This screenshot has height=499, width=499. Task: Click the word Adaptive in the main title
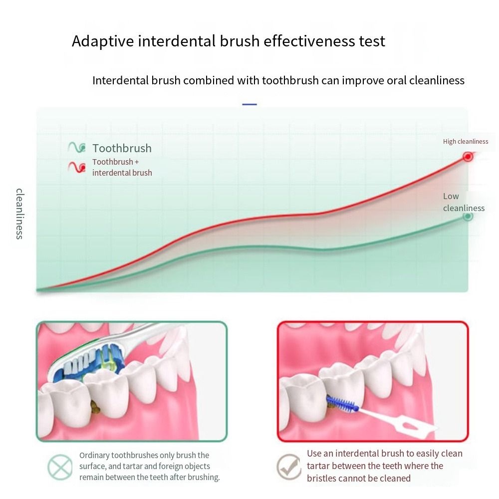click(x=103, y=41)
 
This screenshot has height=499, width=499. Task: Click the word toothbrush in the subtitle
click(x=290, y=80)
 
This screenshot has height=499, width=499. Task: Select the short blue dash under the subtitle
click(x=249, y=104)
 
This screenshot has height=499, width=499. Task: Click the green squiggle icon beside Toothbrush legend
click(x=77, y=147)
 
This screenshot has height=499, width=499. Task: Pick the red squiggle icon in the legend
click(x=77, y=167)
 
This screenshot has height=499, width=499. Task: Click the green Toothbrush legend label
click(x=122, y=148)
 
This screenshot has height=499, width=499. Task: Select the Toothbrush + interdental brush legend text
click(x=122, y=167)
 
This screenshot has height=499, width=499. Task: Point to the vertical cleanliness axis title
click(x=20, y=214)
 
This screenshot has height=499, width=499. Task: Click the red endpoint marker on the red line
click(x=468, y=157)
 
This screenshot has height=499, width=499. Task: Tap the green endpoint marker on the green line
click(x=468, y=217)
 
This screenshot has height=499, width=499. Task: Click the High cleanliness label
click(x=465, y=142)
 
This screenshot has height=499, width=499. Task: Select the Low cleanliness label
click(x=464, y=202)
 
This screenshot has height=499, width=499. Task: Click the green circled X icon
click(x=60, y=467)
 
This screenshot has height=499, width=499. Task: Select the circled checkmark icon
click(x=288, y=467)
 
